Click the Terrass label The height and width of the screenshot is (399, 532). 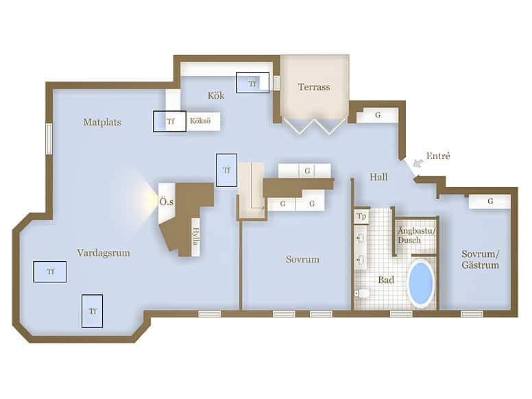(314, 87)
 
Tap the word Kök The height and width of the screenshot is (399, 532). (216, 95)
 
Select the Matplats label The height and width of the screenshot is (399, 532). (102, 122)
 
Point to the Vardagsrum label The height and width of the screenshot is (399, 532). (104, 253)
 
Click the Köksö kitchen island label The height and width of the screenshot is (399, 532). (200, 121)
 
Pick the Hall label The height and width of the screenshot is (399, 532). (378, 177)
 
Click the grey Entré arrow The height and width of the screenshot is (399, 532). (418, 163)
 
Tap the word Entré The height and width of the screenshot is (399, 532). (438, 156)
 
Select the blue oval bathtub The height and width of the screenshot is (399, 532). (421, 283)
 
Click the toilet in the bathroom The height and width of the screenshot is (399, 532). (363, 293)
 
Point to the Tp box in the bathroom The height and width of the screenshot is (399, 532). (361, 216)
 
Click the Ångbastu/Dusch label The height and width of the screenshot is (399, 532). (416, 235)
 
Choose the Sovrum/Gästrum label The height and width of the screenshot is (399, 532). (480, 259)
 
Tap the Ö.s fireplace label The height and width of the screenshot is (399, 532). (167, 202)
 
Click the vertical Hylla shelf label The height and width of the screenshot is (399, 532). (196, 236)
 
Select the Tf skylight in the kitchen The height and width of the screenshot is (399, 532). (253, 82)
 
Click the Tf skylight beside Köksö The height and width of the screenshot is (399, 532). (169, 121)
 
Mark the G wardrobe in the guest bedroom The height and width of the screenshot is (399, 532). (490, 201)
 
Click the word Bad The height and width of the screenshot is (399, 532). (386, 280)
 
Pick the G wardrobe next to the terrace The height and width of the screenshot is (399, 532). (377, 115)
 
